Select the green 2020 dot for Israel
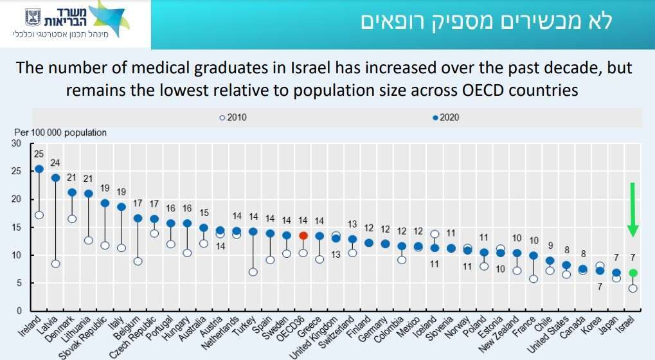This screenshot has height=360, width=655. point(633,273)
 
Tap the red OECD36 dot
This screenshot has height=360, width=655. point(303,235)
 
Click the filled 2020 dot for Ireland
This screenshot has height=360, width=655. point(39,169)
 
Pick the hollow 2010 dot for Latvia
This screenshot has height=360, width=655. point(55,264)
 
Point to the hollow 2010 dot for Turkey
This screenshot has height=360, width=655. point(253,272)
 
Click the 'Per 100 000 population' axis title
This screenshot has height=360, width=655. point(60,132)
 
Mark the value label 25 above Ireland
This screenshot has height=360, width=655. point(39,153)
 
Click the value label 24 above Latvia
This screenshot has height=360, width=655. point(55,162)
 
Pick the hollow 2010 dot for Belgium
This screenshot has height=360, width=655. point(138,261)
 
